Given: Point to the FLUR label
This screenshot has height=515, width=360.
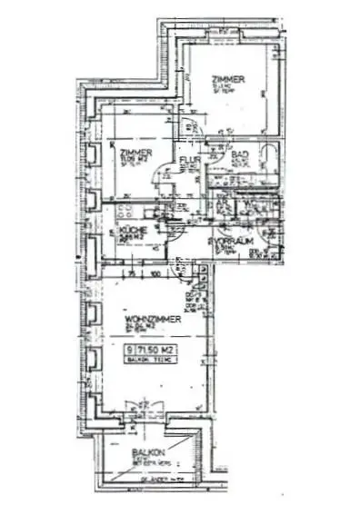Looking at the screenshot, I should click(x=190, y=162).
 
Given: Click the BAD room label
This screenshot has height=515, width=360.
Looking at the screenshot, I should click(x=239, y=155).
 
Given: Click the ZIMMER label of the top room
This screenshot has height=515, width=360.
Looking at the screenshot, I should click(x=224, y=78).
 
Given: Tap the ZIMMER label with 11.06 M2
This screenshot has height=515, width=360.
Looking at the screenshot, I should click(x=134, y=152).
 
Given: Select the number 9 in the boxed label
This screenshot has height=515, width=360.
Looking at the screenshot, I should click(x=133, y=349).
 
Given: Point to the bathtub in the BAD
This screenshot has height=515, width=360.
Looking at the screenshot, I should click(x=272, y=158).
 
